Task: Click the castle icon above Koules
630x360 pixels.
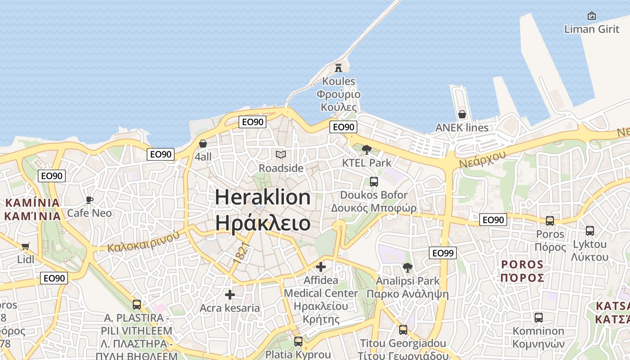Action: click(338, 68)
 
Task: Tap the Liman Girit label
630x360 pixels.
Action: click(592, 29)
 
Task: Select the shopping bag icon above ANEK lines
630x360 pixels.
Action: click(462, 114)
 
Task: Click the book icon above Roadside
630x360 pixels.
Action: click(281, 155)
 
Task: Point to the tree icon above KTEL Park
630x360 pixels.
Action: click(367, 149)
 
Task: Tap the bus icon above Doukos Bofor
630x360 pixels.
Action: click(373, 182)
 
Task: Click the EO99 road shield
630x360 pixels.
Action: click(443, 253)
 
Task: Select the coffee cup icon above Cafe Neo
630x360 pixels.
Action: click(89, 200)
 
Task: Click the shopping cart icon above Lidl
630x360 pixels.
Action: click(25, 246)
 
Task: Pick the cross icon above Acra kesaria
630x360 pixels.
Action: click(230, 295)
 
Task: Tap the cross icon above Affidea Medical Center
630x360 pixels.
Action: click(321, 267)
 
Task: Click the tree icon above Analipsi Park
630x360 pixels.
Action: click(408, 268)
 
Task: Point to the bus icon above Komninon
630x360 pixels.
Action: click(538, 318)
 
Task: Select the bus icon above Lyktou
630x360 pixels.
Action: click(589, 231)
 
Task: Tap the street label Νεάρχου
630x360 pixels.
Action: click(482, 159)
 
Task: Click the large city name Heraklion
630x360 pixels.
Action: click(263, 198)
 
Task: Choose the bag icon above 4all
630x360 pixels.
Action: click(203, 144)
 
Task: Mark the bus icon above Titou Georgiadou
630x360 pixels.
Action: click(403, 330)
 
